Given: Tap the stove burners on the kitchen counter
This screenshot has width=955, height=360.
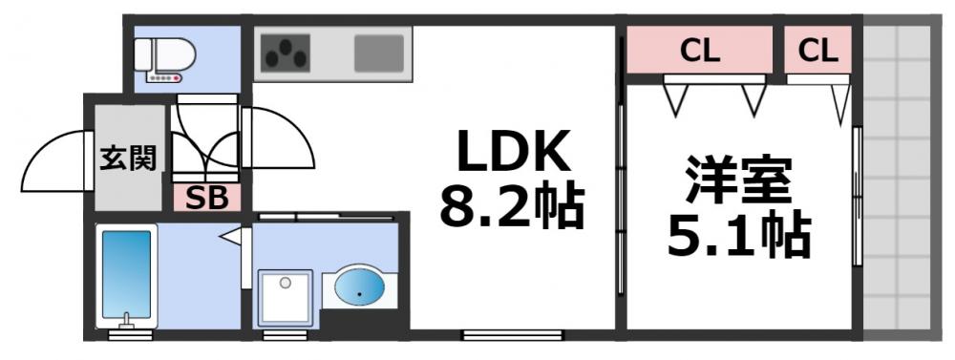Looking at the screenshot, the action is coord(284,53).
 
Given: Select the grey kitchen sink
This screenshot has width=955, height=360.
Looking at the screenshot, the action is coord(379,53).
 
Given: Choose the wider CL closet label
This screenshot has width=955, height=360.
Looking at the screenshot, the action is coord(699,51).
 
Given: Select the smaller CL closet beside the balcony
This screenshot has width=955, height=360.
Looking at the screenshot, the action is coord(818,51).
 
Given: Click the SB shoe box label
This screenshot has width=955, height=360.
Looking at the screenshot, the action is coord(206,199).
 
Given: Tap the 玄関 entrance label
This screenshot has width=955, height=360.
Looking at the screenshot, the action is coord(129,156).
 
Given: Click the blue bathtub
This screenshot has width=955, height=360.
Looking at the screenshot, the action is coord(126,272).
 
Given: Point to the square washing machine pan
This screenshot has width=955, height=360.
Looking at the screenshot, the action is coord(285,296).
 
